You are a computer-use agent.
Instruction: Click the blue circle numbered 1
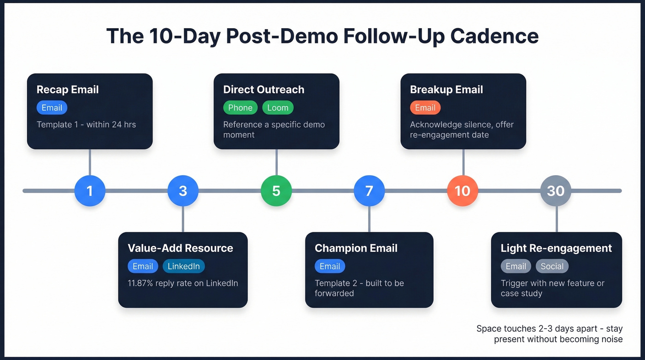click(x=90, y=190)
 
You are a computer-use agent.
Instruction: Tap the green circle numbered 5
click(x=276, y=190)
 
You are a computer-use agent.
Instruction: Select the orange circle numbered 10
click(x=463, y=190)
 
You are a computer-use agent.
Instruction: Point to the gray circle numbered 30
click(x=556, y=190)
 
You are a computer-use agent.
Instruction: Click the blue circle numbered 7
click(x=369, y=190)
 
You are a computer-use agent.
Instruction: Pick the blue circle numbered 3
click(x=183, y=190)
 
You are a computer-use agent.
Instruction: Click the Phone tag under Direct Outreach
click(x=240, y=108)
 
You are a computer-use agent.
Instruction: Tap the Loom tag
click(x=278, y=108)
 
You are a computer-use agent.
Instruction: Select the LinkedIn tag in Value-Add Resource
click(x=183, y=266)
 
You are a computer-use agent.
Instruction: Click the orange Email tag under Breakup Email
click(x=425, y=108)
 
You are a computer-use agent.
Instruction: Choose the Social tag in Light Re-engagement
click(x=552, y=266)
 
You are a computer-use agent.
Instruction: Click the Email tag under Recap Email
click(x=52, y=108)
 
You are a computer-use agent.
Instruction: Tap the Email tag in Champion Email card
click(x=329, y=266)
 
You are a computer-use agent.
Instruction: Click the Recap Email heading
click(x=68, y=89)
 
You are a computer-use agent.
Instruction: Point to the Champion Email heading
click(x=356, y=248)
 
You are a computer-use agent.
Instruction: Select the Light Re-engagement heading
click(x=556, y=248)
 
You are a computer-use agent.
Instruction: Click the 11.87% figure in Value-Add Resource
click(x=143, y=283)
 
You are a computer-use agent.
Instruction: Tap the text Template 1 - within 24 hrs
click(x=86, y=124)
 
